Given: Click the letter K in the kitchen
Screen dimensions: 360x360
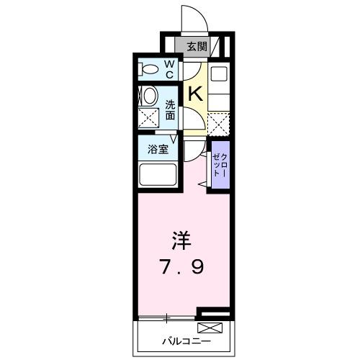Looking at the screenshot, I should click(194, 93).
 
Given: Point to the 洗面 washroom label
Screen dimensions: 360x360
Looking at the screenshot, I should click(170, 108).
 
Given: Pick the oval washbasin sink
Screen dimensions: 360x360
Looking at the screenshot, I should click(149, 96).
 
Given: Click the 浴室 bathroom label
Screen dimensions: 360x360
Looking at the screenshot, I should click(158, 150).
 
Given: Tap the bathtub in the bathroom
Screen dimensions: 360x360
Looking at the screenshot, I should click(157, 175).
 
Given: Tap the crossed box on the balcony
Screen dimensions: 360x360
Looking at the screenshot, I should click(220, 328).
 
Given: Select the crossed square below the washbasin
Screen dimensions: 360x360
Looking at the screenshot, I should click(149, 118).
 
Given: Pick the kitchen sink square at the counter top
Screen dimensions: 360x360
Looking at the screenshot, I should click(219, 73).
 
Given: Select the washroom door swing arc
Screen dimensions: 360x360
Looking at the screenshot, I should click(192, 118).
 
